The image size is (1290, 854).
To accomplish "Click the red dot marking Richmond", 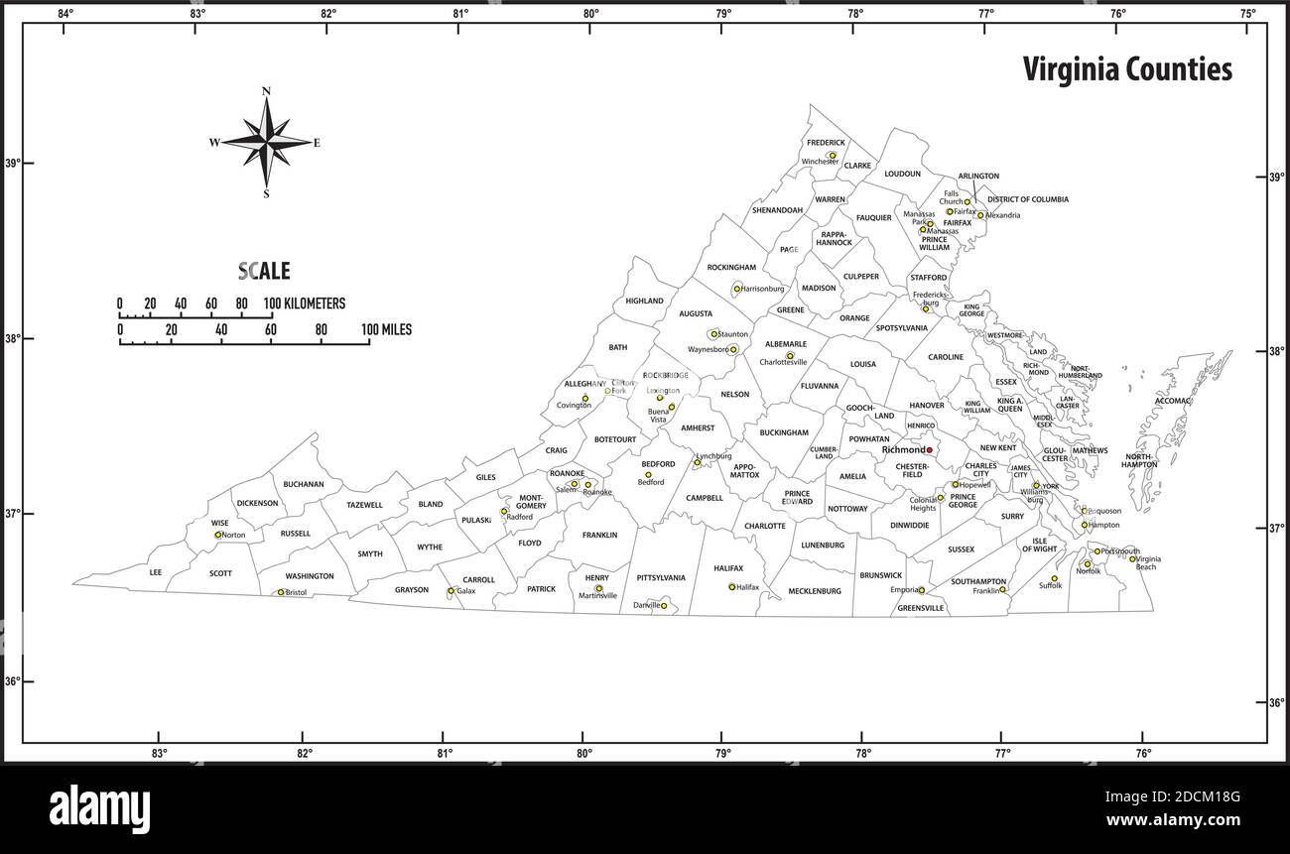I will click(930, 450).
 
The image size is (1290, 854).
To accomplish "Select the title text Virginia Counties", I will click(1127, 69).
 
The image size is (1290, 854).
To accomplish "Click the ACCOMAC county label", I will click(1173, 402).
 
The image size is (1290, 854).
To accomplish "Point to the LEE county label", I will click(155, 572).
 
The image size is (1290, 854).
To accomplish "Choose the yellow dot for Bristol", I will click(281, 592).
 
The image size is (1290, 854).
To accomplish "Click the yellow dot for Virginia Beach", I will click(1132, 558).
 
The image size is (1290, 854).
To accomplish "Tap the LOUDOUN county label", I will click(902, 174).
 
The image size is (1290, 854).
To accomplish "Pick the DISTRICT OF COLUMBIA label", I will click(1027, 199).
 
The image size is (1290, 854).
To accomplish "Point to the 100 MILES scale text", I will click(386, 329).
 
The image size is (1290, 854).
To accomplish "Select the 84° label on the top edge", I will click(65, 14).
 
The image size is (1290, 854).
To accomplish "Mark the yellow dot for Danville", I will click(664, 605).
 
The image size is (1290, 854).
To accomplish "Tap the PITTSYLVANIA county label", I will click(661, 577).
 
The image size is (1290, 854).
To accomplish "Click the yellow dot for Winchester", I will click(833, 155).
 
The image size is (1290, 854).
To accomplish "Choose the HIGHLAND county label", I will click(644, 301).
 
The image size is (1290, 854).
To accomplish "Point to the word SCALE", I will click(264, 271).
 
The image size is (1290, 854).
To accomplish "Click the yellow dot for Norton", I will click(218, 535).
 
